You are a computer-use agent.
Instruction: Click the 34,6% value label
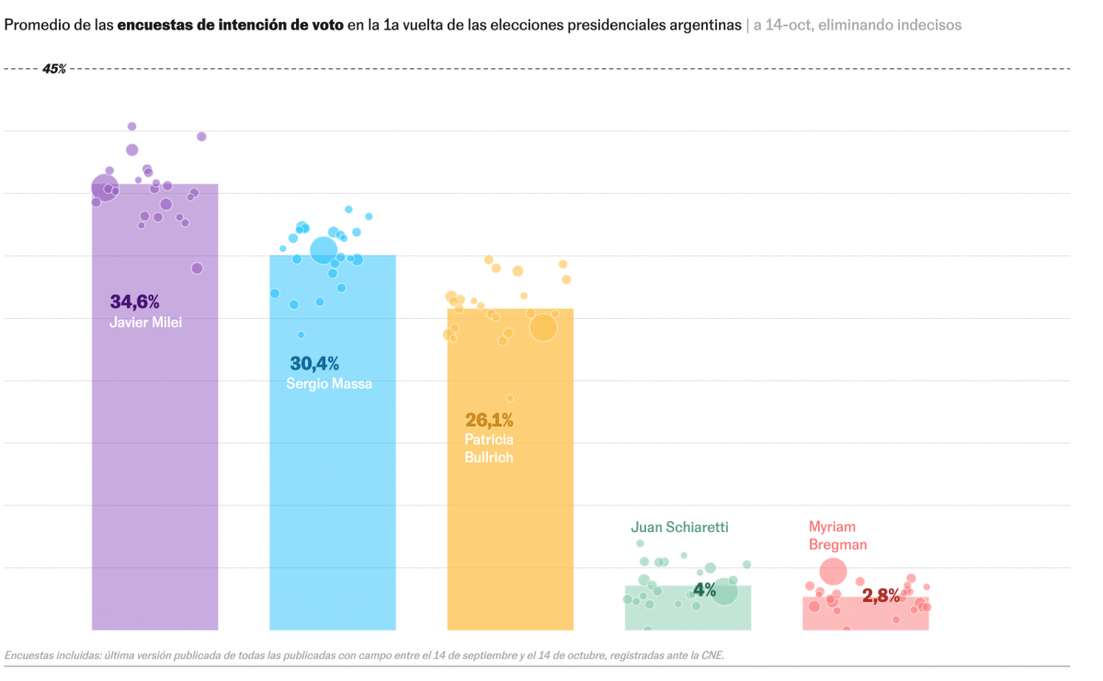135,301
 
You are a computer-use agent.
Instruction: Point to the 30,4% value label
314,364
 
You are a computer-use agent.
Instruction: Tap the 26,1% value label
489,420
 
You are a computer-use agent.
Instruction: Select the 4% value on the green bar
704,590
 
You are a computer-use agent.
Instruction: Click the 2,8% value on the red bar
881,596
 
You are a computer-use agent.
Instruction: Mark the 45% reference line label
54,69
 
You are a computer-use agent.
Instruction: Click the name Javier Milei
146,323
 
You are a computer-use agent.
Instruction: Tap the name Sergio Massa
329,384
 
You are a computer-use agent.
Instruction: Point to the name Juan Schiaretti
679,528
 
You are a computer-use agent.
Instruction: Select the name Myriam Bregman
837,535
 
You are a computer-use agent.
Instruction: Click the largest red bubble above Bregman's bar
833,572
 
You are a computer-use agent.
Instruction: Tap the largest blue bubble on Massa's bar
324,250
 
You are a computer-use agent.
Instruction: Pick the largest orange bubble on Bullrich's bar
543,327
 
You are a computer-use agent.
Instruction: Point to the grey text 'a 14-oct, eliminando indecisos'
857,26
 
